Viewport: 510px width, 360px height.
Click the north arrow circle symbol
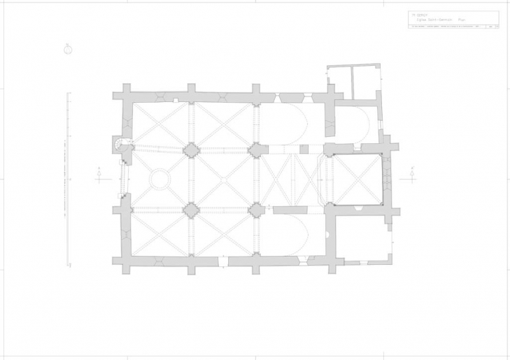tap(68, 49)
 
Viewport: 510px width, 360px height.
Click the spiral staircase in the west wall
tap(123, 144)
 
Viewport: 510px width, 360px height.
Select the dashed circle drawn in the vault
tap(160, 179)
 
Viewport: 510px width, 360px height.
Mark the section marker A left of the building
tap(99, 174)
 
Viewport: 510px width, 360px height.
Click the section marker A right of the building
tap(412, 174)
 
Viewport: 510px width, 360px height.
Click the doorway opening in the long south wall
tap(222, 262)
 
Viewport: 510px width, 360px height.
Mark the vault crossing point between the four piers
tap(223, 179)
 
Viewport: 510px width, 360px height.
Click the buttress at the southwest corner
tap(119, 261)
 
